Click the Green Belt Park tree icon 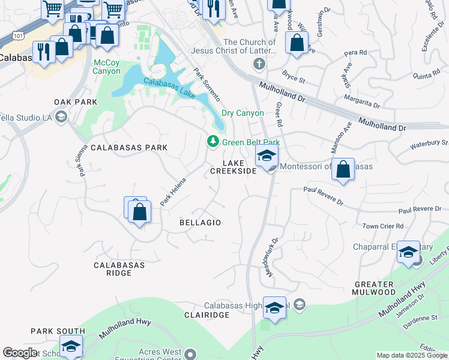coord(212,142)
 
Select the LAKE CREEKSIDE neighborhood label coord(234,167)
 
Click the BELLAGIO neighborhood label coord(200,223)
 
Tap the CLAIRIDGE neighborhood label coord(207,315)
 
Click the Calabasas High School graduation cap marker coord(274,308)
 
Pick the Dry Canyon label coord(243,113)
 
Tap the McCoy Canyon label coord(107,67)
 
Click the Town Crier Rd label coord(383,226)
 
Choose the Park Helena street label coord(173,193)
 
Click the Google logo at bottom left coord(20,353)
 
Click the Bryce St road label coord(294,78)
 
